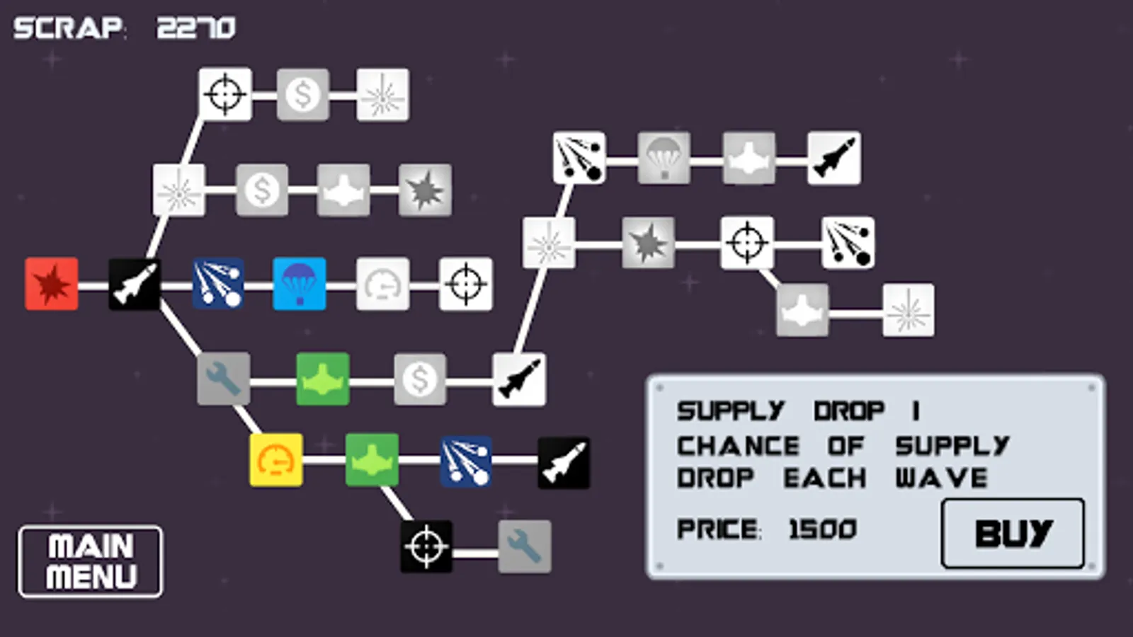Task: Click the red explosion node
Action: tap(52, 284)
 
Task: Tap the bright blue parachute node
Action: tap(300, 284)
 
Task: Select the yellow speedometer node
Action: tap(276, 460)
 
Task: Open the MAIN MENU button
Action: tap(91, 561)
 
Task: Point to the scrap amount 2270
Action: tap(196, 28)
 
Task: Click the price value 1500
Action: tap(822, 529)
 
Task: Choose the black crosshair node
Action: tap(426, 546)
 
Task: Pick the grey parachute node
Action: tap(664, 158)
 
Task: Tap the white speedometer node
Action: tap(382, 284)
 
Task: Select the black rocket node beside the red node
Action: tap(135, 284)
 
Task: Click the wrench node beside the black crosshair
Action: tap(525, 546)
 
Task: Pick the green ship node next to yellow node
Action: tap(372, 460)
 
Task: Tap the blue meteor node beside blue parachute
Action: tap(218, 284)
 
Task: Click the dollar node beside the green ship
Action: tap(420, 379)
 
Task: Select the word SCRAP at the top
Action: tap(68, 28)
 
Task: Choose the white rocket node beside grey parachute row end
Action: tap(834, 158)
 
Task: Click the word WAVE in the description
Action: tap(941, 478)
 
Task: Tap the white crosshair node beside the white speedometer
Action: tap(466, 284)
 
